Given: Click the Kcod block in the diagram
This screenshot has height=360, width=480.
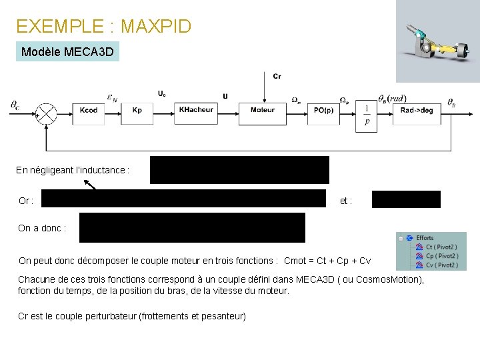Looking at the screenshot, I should pos(89,110).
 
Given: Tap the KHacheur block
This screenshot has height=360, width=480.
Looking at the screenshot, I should pos(196,110).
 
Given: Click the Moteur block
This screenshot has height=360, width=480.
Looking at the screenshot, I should pos(263,110).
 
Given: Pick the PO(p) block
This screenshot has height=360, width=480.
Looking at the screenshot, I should pos(325,110).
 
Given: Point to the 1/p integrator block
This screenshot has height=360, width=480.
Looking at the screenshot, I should pos(367,114).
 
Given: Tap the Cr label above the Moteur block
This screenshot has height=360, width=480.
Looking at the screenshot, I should pos(277,77).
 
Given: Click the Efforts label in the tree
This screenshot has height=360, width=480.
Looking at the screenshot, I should pos(425,238).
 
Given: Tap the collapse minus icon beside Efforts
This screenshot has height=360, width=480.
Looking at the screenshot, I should pos(400,238).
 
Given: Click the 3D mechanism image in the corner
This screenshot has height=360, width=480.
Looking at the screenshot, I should pos(438,41).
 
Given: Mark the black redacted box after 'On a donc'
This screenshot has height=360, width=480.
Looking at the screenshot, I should pos(192,227).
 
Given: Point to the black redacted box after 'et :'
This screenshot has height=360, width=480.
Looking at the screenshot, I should pos(406,199).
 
